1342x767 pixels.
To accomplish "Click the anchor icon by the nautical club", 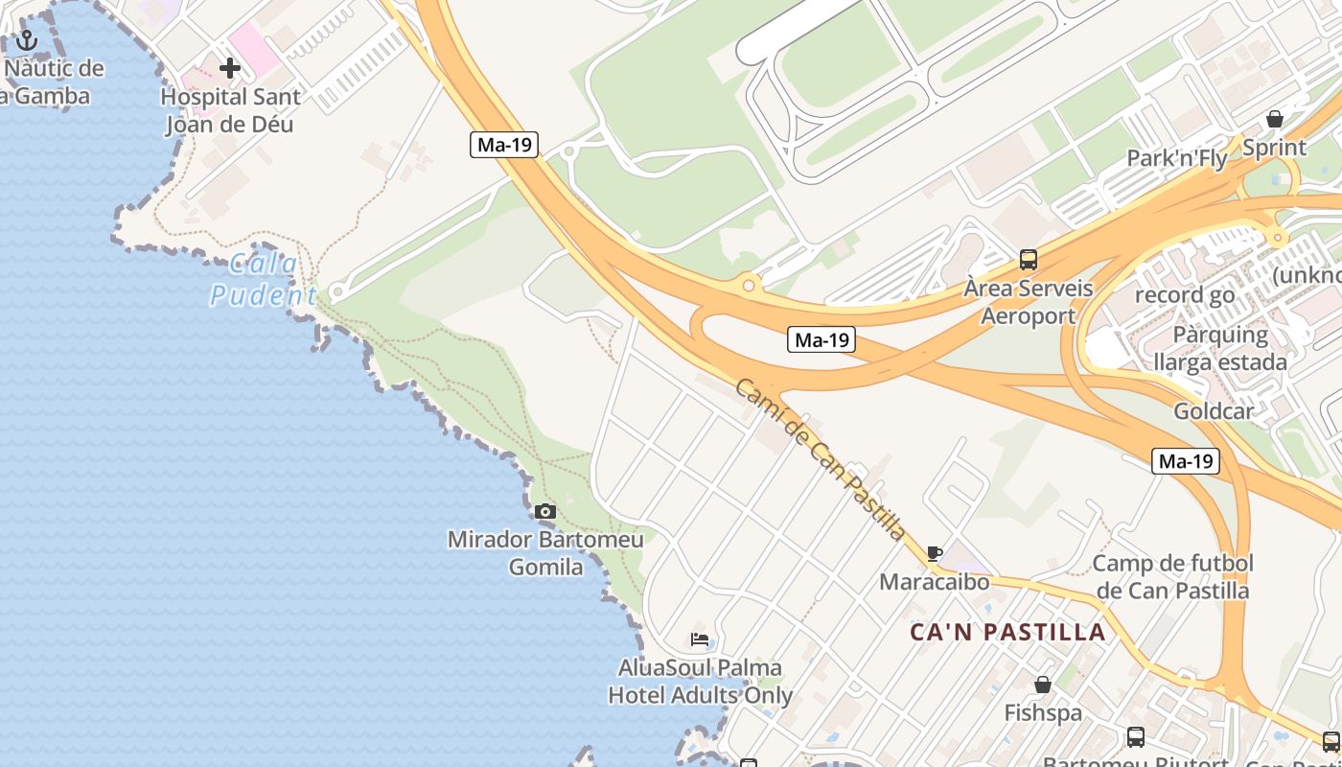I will tap(27, 40).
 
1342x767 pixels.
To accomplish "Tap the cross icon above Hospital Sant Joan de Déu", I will tap(230, 68).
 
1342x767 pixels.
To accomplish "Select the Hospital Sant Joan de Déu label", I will tap(230, 110).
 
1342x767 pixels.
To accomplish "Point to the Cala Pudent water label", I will tap(263, 280).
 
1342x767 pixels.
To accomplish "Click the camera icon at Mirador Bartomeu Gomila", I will tap(545, 512).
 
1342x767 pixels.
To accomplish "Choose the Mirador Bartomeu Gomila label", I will tap(545, 553).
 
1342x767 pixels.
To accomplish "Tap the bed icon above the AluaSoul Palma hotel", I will tap(700, 639).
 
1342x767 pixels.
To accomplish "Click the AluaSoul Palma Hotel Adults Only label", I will tap(701, 682).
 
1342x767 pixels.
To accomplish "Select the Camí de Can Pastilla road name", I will tap(821, 458).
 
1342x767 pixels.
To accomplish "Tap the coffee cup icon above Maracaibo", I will tap(935, 553).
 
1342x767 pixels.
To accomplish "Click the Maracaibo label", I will tap(935, 582).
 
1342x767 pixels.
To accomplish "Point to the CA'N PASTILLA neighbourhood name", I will tap(1007, 633).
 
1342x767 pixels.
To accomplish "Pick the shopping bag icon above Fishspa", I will tap(1043, 685).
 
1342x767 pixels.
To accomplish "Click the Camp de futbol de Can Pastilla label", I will tap(1173, 576).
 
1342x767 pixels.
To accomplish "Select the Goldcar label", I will tap(1214, 411).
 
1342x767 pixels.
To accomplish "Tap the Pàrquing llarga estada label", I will tap(1220, 349).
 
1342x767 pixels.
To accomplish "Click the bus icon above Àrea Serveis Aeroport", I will tap(1029, 259).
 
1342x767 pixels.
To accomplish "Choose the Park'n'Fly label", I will tap(1177, 158).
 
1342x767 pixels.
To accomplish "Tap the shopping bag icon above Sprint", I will tap(1275, 119).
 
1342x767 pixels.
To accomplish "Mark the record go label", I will tap(1185, 295).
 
